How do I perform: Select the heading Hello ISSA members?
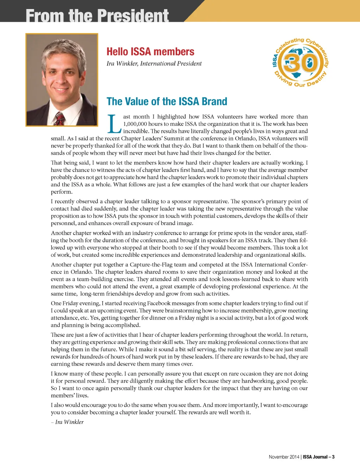pyautogui.click(x=150, y=52)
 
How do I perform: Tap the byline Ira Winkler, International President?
pyautogui.click(x=154, y=64)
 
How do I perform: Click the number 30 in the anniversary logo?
pyautogui.click(x=301, y=63)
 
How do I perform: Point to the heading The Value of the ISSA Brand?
pyautogui.click(x=167, y=102)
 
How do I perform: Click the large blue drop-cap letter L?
pyautogui.click(x=114, y=124)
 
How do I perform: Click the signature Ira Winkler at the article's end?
pyautogui.click(x=69, y=422)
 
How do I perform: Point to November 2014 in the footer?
pyautogui.click(x=284, y=457)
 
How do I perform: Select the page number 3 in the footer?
pyautogui.click(x=333, y=457)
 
